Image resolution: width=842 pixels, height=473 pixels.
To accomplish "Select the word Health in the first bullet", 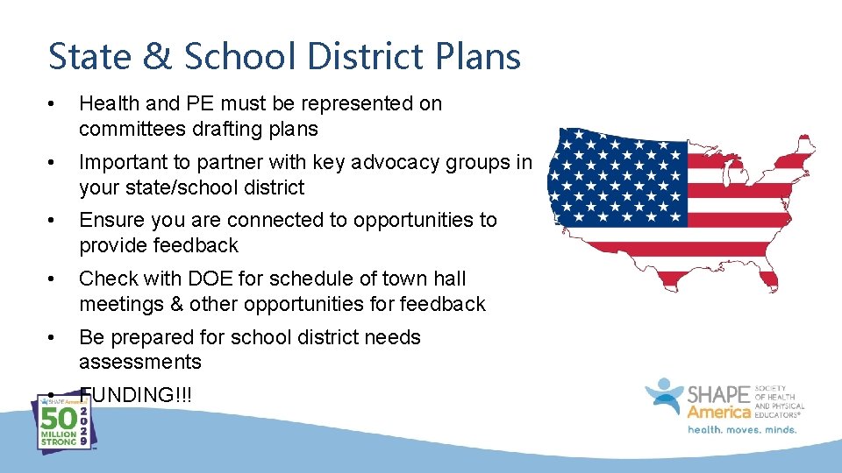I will click(x=107, y=103).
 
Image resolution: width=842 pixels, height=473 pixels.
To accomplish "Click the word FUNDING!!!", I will click(x=136, y=395).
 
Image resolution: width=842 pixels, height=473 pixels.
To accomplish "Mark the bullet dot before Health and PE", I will click(x=54, y=104).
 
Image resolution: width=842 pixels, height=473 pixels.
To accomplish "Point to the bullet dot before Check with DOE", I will click(x=54, y=279).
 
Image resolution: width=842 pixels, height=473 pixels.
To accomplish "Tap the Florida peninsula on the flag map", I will click(x=768, y=279).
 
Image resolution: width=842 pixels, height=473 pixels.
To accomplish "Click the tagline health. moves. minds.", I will click(x=742, y=429).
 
